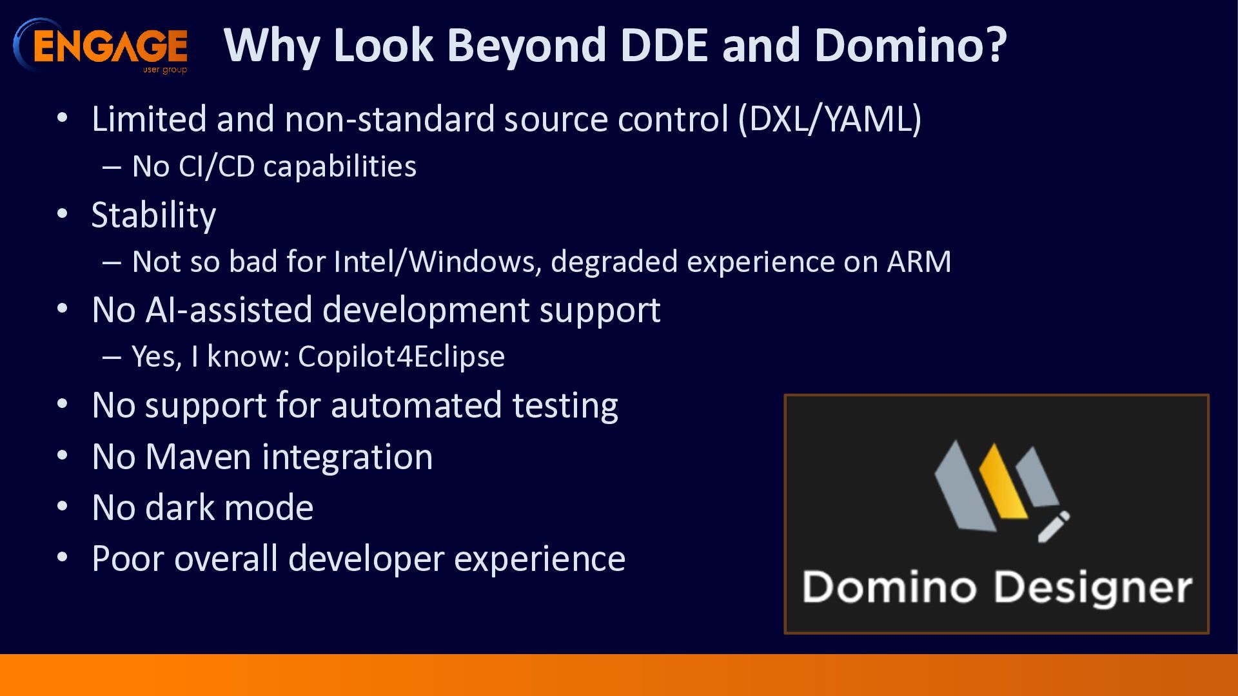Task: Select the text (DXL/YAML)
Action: point(830,119)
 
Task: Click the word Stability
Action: point(153,215)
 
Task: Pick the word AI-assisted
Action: point(229,309)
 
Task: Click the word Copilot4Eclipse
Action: point(401,357)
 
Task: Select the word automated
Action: point(416,405)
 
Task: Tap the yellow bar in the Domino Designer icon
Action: point(1003,481)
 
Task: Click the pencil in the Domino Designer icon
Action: point(1054,526)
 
